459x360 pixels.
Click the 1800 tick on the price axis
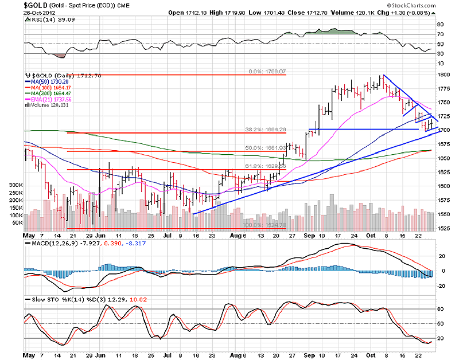442,75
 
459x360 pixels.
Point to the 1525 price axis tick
442,228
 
